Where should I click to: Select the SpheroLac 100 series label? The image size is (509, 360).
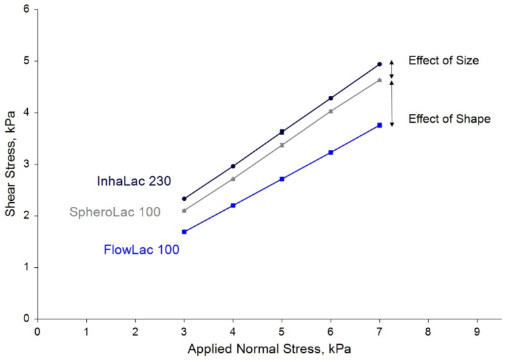tap(115, 212)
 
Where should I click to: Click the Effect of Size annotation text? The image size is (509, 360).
tap(443, 60)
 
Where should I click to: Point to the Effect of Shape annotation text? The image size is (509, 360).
tap(449, 119)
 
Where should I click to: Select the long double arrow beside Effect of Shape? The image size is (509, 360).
tap(391, 103)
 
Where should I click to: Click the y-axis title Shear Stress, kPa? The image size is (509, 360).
tap(10, 162)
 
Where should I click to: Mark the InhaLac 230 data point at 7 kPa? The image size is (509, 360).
tap(379, 64)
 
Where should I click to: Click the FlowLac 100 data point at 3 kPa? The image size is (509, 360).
tap(184, 232)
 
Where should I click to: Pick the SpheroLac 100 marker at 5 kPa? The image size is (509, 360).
tap(282, 145)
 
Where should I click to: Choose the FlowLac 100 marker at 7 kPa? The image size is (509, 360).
tap(379, 125)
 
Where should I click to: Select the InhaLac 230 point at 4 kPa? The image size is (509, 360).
tap(233, 166)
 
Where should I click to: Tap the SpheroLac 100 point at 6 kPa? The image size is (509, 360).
tap(331, 111)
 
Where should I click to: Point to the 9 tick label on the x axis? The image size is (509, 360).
tap(477, 330)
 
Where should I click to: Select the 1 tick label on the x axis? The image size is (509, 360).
tap(86, 330)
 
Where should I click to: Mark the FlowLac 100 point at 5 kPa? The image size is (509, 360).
tap(282, 179)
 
